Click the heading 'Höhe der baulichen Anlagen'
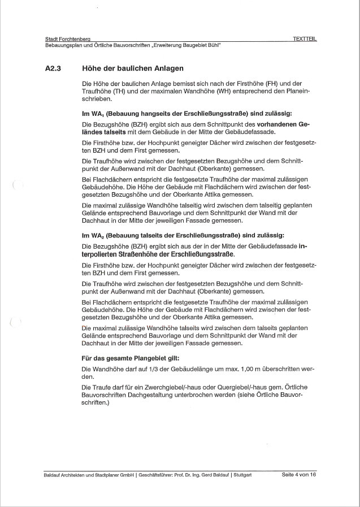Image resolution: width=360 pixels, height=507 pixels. (133, 69)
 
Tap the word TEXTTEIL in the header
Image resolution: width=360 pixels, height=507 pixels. (305, 38)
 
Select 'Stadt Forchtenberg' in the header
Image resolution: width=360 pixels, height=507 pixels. (67, 38)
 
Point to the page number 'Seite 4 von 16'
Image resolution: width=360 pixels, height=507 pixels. (298, 475)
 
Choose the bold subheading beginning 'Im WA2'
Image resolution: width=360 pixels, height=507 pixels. (183, 235)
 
